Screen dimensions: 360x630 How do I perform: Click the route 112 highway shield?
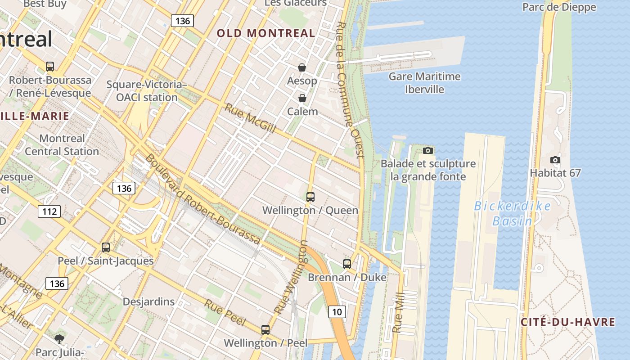(49, 211)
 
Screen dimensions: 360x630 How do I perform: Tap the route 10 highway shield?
(337, 311)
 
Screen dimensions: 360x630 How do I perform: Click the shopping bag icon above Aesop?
(302, 67)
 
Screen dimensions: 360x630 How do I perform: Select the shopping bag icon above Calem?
(302, 98)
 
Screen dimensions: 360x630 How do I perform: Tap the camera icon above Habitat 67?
(555, 160)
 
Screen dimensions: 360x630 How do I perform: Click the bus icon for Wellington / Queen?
(310, 197)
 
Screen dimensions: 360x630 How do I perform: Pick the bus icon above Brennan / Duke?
(346, 264)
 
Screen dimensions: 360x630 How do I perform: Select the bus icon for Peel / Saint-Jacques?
(105, 247)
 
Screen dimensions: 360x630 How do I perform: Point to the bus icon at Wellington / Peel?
(265, 329)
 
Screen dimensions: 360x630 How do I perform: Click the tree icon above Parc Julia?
(59, 339)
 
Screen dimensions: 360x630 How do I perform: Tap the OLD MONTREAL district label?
(266, 33)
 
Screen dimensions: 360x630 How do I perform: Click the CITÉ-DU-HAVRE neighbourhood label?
(568, 322)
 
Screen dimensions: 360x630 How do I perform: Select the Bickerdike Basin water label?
(512, 213)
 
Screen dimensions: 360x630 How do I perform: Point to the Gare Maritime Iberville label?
(424, 83)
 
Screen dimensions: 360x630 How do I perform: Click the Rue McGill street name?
(250, 118)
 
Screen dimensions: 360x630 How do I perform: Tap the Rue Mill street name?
(397, 312)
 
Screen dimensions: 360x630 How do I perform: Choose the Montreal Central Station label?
(62, 145)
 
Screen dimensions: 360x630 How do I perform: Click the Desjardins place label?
(148, 301)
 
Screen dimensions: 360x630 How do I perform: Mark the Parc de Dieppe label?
(559, 7)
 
